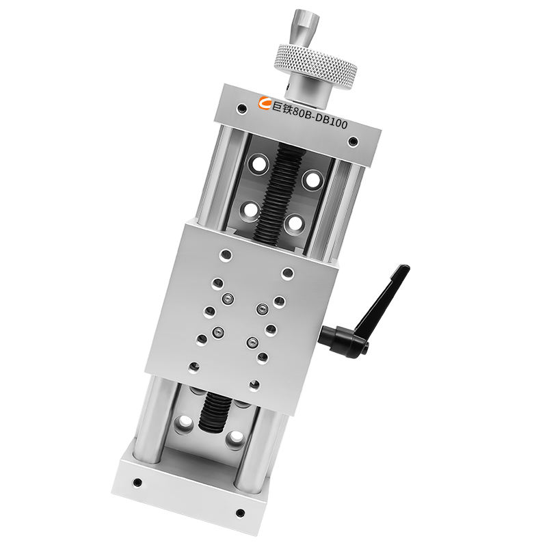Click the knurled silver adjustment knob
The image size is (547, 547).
(317, 66)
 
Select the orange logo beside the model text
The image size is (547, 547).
(265, 103)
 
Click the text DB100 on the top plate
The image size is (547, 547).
(331, 121)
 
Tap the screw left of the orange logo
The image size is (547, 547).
(241, 108)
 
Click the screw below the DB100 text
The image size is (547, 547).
(353, 141)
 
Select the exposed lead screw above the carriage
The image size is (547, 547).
(279, 193)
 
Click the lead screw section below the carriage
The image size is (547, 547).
(214, 412)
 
